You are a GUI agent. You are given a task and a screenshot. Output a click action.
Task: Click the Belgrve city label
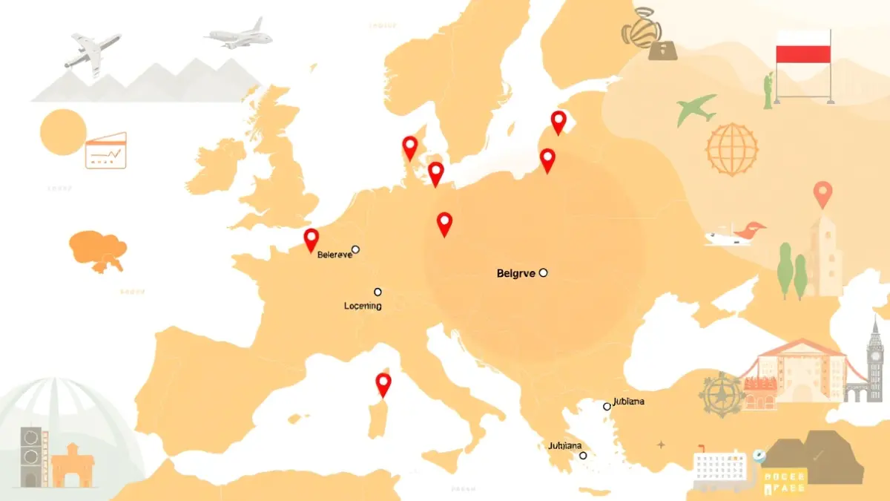pyautogui.click(x=515, y=273)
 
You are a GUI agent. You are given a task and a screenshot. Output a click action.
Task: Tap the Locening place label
pyautogui.click(x=363, y=306)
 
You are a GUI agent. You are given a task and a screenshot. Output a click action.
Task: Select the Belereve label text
pyautogui.click(x=334, y=255)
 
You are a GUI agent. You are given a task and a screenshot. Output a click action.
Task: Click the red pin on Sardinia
pyautogui.click(x=383, y=384)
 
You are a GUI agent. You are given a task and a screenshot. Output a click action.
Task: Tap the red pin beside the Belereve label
pyautogui.click(x=311, y=238)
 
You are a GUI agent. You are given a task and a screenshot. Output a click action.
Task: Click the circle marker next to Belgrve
pyautogui.click(x=543, y=272)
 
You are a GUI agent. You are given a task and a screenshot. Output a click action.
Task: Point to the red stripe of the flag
pyautogui.click(x=802, y=53)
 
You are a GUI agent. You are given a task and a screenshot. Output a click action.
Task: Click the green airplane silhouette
pyautogui.click(x=696, y=109)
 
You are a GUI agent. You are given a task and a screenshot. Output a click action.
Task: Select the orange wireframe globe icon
pyautogui.click(x=732, y=149)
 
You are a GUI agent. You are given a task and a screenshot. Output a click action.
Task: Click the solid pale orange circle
pyautogui.click(x=64, y=131)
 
